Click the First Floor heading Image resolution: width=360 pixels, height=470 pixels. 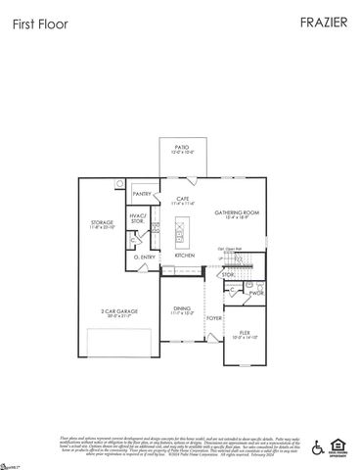(40, 23)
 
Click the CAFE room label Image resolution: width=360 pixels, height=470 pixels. (183, 199)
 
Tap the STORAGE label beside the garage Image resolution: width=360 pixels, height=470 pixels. (102, 223)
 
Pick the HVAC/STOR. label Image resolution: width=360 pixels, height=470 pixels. (138, 219)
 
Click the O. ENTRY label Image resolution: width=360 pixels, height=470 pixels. (148, 257)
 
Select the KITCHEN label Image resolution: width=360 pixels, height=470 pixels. (185, 256)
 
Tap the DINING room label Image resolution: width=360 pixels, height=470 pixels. (182, 308)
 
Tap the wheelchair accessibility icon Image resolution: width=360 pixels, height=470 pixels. (316, 447)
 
